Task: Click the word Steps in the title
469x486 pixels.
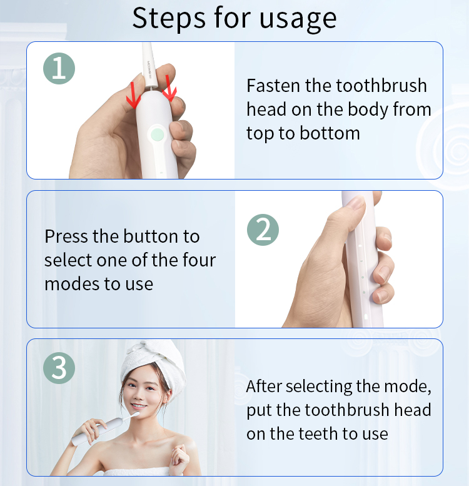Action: (169, 18)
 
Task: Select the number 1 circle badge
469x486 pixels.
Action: (59, 68)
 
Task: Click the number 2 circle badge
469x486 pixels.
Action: (263, 230)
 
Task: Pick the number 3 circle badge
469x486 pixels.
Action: (59, 368)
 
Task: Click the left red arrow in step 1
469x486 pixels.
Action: (133, 95)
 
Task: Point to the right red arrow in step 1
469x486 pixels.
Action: (169, 88)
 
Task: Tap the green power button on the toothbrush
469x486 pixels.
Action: (158, 134)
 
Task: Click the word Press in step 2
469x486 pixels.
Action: (66, 236)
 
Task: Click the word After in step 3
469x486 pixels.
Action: (264, 387)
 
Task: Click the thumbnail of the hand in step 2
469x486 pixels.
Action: (356, 203)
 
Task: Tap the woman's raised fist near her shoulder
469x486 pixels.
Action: (181, 458)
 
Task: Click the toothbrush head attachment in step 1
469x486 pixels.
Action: (149, 64)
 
